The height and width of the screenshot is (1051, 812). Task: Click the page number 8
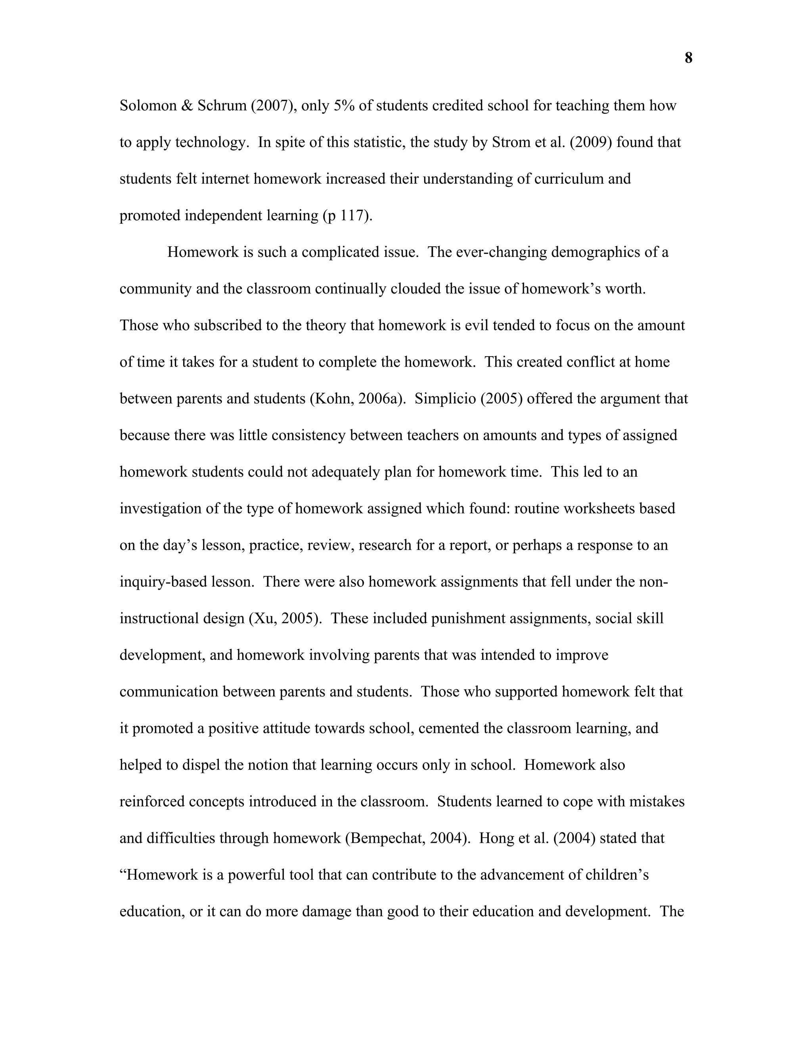coord(688,58)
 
